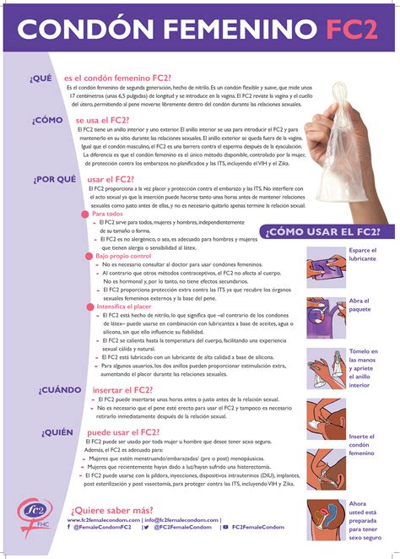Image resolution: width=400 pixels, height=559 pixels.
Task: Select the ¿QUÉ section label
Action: point(41,78)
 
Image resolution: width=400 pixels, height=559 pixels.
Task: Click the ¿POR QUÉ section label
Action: point(55,179)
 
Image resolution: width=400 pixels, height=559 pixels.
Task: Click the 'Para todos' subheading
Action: point(107,214)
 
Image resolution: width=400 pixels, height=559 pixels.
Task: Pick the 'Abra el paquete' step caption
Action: point(360,305)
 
